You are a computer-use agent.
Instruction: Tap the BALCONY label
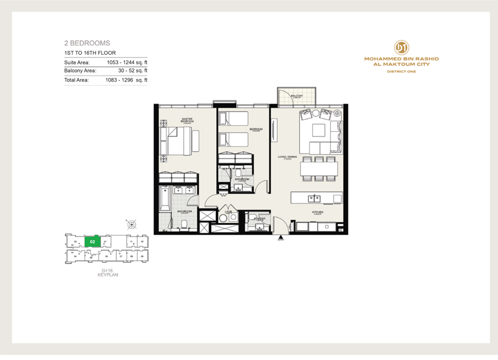click(297, 96)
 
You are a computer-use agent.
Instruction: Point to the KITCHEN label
click(317, 213)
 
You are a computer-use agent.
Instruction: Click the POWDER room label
click(260, 219)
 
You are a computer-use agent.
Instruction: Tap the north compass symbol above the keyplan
click(132, 224)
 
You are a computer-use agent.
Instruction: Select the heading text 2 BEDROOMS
click(87, 43)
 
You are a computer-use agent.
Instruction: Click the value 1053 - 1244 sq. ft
click(127, 62)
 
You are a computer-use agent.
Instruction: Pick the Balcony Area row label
click(80, 70)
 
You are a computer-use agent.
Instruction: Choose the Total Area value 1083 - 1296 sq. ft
click(126, 80)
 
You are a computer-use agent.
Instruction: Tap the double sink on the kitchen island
click(314, 198)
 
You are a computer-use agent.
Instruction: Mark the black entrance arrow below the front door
click(281, 236)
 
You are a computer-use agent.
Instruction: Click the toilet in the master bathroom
click(183, 223)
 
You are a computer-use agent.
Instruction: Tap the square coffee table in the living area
click(318, 130)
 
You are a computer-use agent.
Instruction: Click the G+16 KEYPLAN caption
click(108, 272)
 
